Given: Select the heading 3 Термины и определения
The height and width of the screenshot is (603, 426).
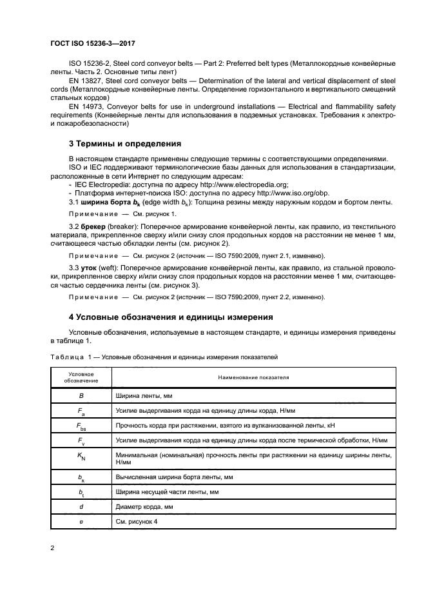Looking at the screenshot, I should [124, 143].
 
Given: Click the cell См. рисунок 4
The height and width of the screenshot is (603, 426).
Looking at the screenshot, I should [136, 522].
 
